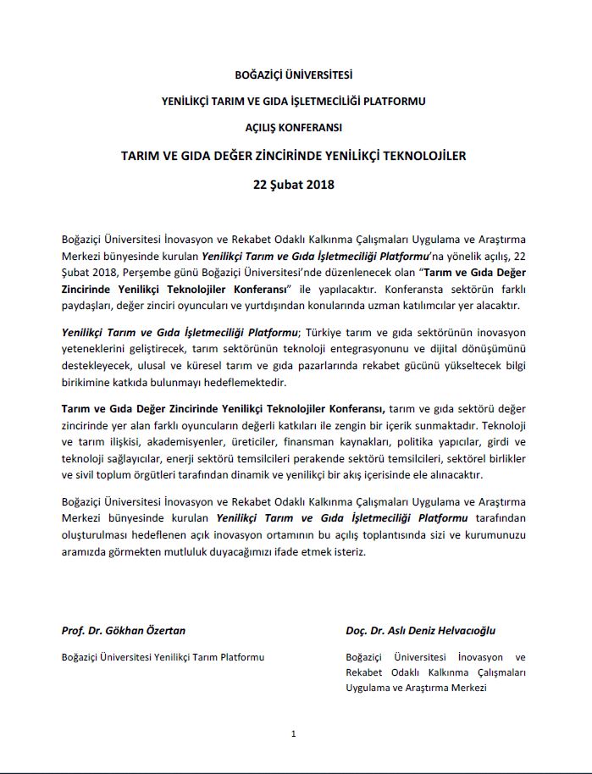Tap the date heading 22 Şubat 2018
coord(295,184)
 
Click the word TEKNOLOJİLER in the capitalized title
coord(430,156)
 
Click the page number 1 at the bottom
coord(292,733)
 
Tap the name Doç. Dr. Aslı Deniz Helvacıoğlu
coord(420,630)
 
